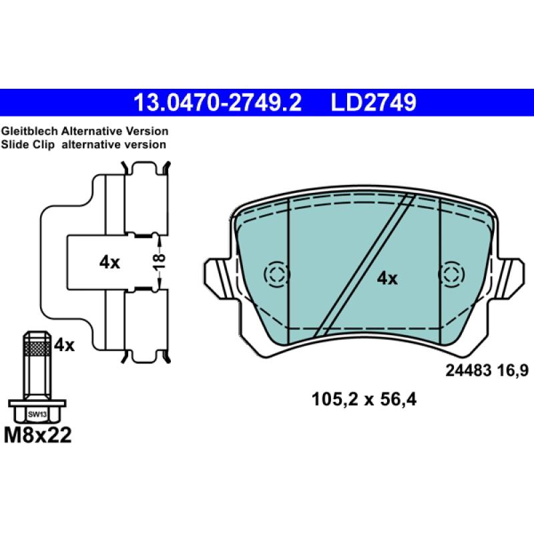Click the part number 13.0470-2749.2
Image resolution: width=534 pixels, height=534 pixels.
pos(218,103)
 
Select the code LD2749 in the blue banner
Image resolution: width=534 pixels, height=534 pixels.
pos(374,103)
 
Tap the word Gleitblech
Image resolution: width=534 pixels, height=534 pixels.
pos(29,131)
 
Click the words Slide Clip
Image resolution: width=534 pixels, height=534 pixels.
pos(27,144)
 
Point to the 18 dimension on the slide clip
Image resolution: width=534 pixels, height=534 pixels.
pos(159,262)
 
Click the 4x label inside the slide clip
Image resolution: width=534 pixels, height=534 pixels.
pos(109,262)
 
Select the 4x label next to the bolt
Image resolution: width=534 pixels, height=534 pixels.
pos(64,345)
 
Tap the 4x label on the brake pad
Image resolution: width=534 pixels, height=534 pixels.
pos(387,278)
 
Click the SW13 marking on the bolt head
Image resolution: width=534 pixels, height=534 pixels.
pos(37,415)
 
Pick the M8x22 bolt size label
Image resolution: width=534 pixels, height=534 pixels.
pos(38,435)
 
